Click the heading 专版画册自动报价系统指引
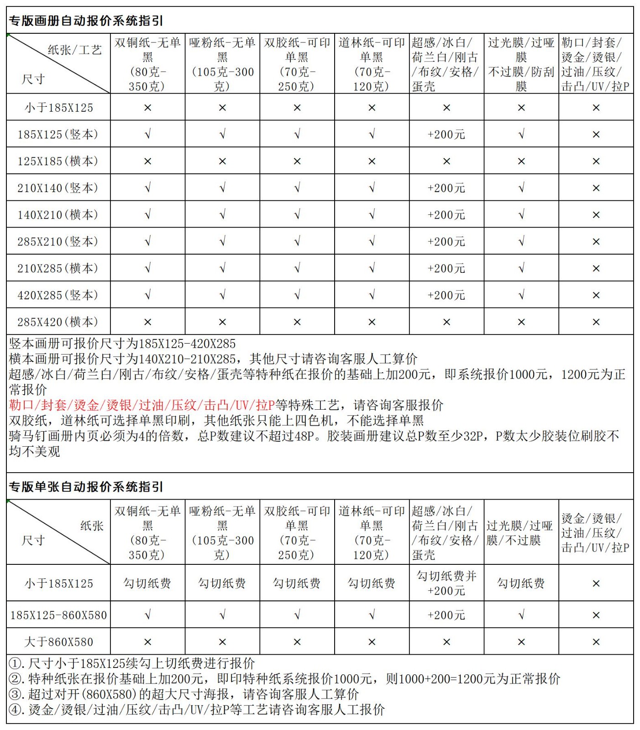click(86, 21)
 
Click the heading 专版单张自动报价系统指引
click(86, 487)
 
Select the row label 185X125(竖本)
click(58, 135)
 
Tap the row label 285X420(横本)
click(58, 322)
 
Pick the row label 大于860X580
click(58, 642)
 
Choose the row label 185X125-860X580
click(58, 615)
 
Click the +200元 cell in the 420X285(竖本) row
click(446, 295)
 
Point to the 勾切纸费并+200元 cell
click(446, 583)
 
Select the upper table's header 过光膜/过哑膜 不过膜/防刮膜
click(521, 64)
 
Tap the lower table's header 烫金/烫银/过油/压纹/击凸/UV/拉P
click(595, 533)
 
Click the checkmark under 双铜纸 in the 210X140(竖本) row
click(147, 188)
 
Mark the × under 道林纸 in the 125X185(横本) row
click(372, 162)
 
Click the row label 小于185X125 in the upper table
click(58, 108)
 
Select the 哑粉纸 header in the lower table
click(222, 532)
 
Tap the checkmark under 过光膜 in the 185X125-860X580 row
click(521, 615)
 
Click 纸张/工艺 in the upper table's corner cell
click(75, 50)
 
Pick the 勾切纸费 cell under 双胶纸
click(297, 583)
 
